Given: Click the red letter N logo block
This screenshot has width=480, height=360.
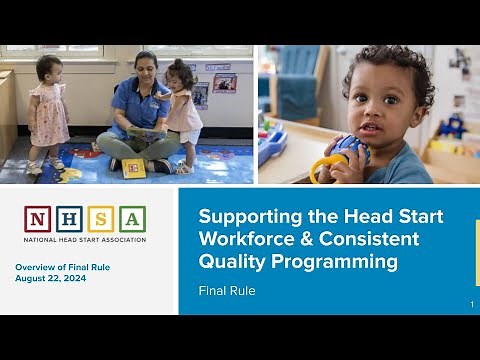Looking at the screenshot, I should point(38,219).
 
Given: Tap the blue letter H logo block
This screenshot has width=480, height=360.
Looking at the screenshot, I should point(69,219).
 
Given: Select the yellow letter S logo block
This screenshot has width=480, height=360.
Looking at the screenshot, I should point(101,219).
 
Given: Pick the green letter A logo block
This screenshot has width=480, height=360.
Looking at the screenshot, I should point(132,219).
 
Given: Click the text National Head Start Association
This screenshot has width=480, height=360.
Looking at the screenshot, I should point(85,240).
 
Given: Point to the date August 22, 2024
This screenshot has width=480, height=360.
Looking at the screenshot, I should point(50,278).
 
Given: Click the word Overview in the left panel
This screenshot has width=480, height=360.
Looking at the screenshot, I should point(36,267).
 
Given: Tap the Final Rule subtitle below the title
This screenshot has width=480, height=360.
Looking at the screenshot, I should point(227,292).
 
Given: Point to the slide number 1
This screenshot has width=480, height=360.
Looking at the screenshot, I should point(471,303).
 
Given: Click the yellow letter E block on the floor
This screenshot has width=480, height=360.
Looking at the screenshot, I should point(133,167).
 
